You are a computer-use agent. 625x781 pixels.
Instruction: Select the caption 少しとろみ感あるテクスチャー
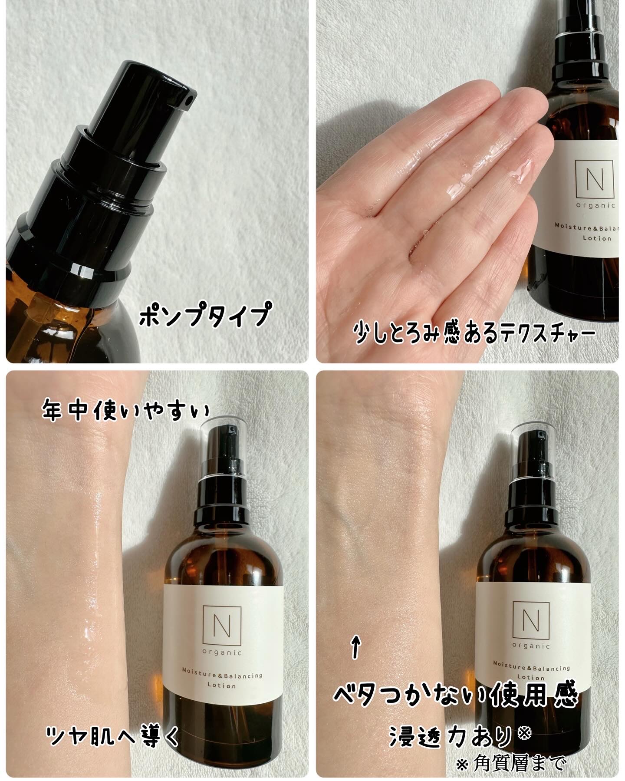point(474,334)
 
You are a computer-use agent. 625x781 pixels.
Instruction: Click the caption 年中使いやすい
point(125,411)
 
